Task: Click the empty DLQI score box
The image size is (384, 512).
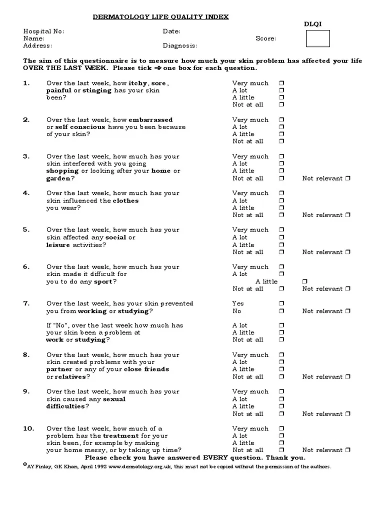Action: pos(317,38)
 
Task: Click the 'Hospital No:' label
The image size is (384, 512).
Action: pos(44,31)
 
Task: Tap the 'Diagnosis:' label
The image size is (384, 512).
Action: pos(180,45)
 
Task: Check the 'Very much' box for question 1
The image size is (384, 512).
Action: pos(281,83)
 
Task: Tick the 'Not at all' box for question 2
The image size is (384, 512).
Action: pos(281,141)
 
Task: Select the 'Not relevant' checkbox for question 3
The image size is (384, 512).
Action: pos(348,178)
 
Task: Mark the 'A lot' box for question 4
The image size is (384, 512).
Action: pos(281,200)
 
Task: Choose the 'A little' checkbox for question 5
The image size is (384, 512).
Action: pos(281,245)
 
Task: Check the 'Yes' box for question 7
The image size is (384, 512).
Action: pos(281,303)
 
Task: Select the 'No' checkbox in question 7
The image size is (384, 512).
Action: pos(281,311)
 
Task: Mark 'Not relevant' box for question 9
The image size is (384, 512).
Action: pos(348,414)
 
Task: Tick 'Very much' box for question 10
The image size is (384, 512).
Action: pos(281,428)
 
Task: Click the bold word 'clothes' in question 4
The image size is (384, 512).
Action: pos(125,200)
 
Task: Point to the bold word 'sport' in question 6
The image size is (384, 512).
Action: pos(103,281)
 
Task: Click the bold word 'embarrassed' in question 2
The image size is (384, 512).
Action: pos(150,120)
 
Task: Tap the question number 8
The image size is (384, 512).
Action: pos(26,355)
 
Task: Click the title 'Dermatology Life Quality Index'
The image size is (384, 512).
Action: pos(161,17)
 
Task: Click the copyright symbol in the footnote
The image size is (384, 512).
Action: pos(25,464)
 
